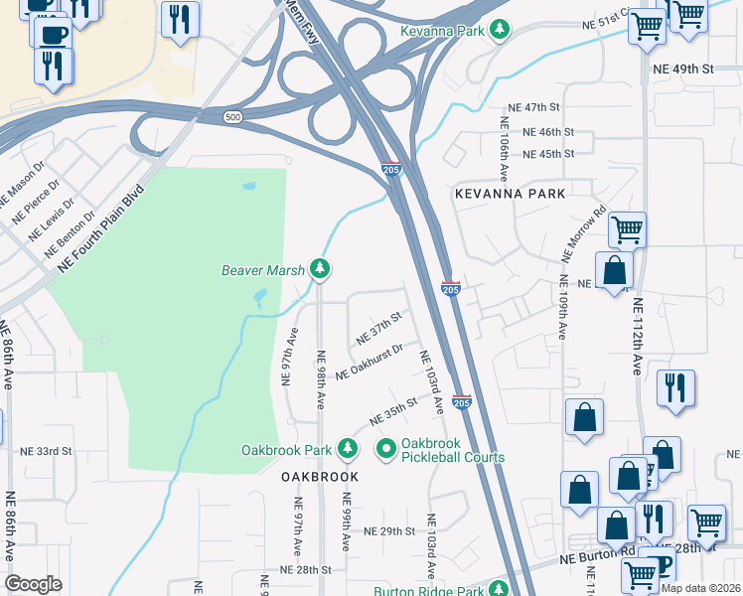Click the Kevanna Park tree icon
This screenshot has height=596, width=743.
502,31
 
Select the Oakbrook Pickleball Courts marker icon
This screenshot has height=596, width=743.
385,450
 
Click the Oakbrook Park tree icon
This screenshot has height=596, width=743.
347,450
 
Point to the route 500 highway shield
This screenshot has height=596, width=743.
232,116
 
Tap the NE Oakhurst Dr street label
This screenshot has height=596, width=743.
369,363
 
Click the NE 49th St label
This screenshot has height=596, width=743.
683,69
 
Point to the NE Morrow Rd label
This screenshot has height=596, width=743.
582,233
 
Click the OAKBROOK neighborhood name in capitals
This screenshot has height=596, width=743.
318,477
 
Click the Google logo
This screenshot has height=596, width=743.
34,584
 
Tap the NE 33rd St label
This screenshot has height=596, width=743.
47,450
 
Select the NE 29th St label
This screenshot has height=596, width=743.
388,531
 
